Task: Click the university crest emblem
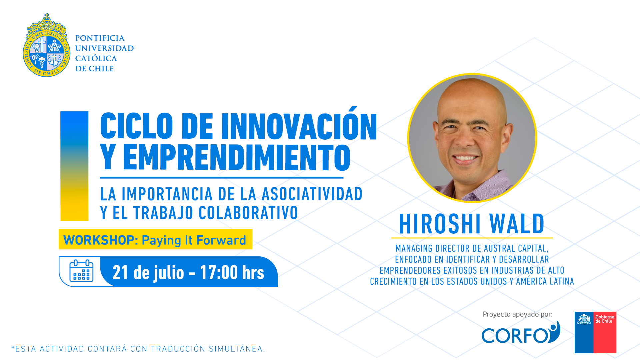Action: click(x=47, y=45)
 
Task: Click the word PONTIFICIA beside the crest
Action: click(x=100, y=38)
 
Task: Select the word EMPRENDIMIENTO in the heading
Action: click(x=237, y=157)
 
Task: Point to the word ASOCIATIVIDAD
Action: click(x=312, y=194)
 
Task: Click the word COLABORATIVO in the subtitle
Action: click(x=248, y=213)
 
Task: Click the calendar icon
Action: click(x=81, y=271)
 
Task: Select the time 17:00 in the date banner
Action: click(x=219, y=272)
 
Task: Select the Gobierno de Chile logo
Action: click(x=595, y=332)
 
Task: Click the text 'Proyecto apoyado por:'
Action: click(x=517, y=314)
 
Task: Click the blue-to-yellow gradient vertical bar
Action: click(x=74, y=166)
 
